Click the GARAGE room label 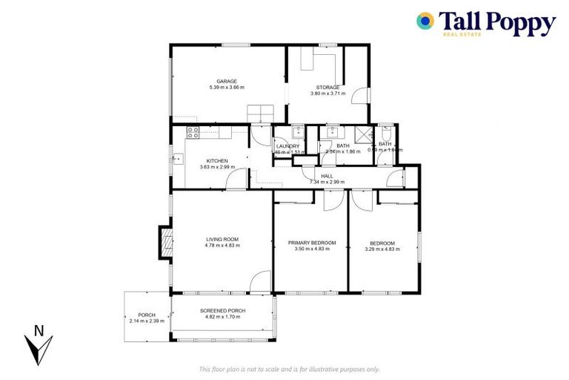pos(227,81)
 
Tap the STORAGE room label pos(328,87)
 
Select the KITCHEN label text pos(217,160)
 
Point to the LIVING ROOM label pos(222,239)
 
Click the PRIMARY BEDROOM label pos(312,243)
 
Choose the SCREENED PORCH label pos(223,311)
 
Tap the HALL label pos(327,176)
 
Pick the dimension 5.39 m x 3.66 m pos(227,88)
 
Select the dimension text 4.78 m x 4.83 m pos(222,246)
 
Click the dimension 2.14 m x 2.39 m pos(147,321)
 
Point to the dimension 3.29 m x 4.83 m pos(382,249)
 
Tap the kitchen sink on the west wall pos(177,157)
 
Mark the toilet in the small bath pos(385,130)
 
